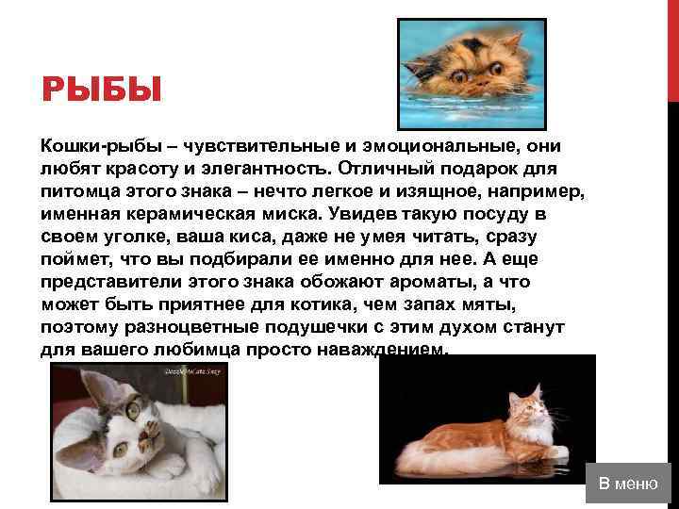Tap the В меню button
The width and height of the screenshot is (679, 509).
pos(627,484)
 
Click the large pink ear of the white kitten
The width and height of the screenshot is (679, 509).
pos(101,388)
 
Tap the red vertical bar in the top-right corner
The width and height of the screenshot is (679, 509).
pos(672,47)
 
